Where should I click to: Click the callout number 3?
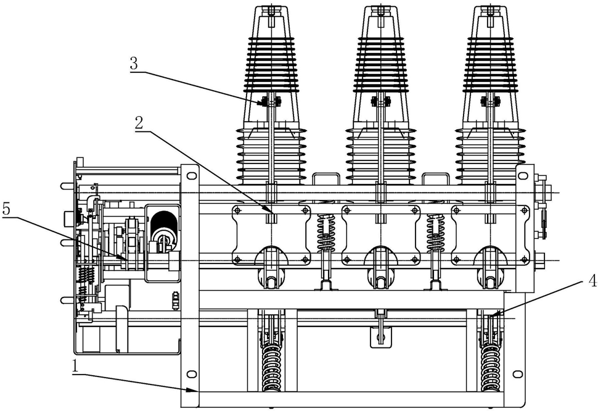tap(134, 64)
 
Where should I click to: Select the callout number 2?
tap(139, 123)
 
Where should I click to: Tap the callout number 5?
tap(7, 209)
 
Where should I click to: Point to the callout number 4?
tap(591, 281)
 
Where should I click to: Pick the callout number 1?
tap(75, 367)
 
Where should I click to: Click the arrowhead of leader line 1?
tap(192, 390)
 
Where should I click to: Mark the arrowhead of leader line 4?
tap(491, 315)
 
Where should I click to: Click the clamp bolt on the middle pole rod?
tap(380, 101)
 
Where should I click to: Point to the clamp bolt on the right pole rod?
tap(491, 101)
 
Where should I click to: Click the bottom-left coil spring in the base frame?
tap(271, 368)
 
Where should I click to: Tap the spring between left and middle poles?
tap(326, 233)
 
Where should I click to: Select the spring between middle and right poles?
tap(435, 233)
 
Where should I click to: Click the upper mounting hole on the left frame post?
tap(192, 176)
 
